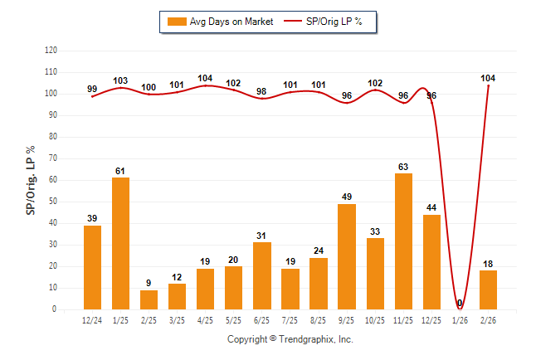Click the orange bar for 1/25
click(x=121, y=244)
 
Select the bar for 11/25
click(x=403, y=241)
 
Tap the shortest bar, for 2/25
click(x=149, y=299)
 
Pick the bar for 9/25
click(x=347, y=256)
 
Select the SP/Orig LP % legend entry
click(x=323, y=22)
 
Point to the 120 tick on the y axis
click(x=51, y=51)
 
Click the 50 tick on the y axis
click(x=53, y=202)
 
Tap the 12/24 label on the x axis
click(x=93, y=320)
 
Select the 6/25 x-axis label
click(x=262, y=320)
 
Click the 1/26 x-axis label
click(x=460, y=320)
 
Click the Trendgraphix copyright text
click(x=290, y=339)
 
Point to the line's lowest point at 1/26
click(x=460, y=309)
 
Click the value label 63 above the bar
click(x=403, y=167)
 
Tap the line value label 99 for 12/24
click(x=93, y=89)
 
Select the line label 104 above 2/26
click(x=488, y=78)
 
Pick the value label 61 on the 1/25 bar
click(x=121, y=171)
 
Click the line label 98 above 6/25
click(x=262, y=91)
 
